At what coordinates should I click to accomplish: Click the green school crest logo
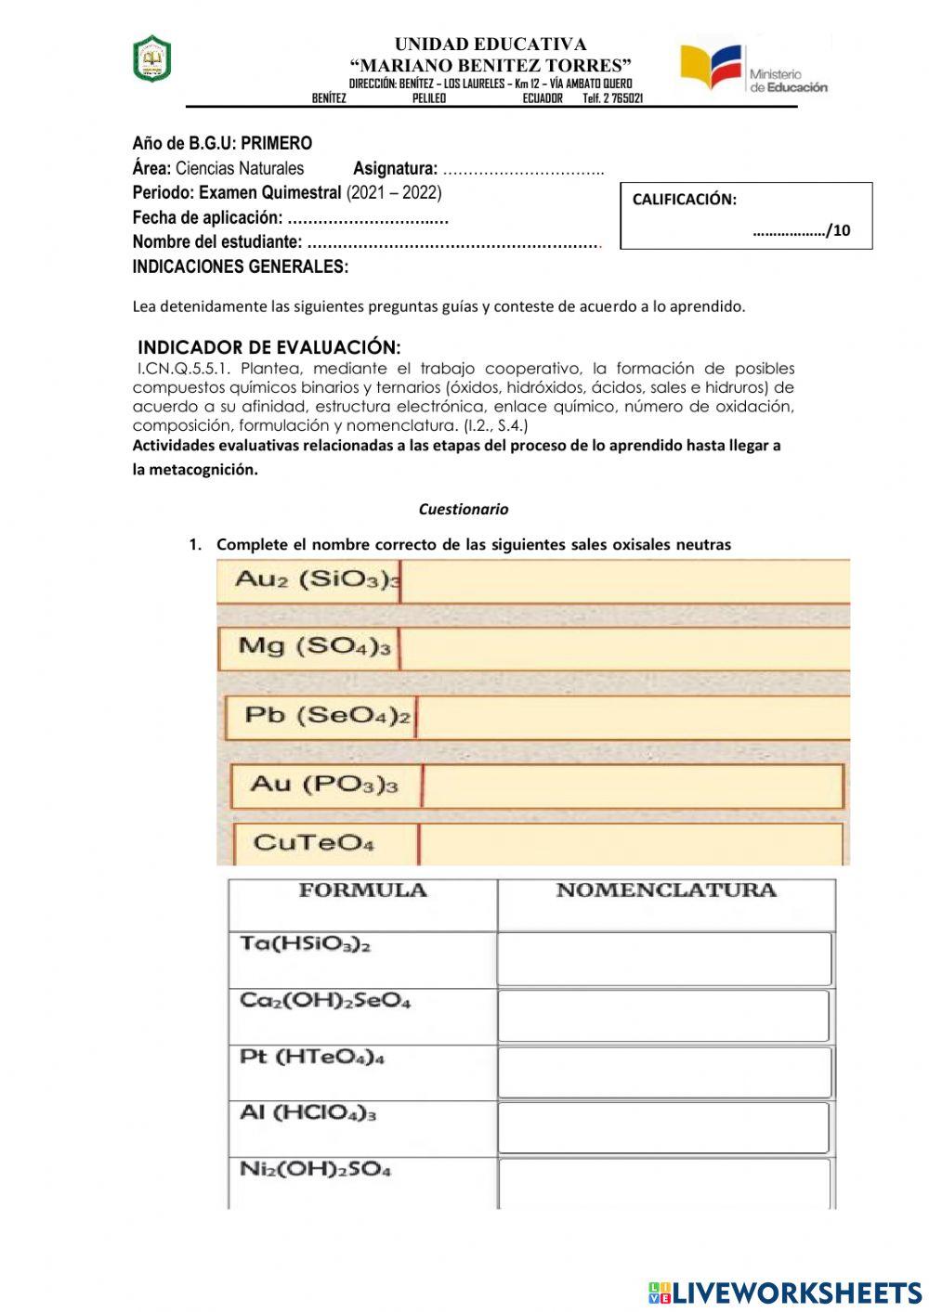(x=151, y=59)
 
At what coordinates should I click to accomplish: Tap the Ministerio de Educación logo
(x=753, y=69)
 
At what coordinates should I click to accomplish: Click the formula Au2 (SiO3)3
(x=316, y=580)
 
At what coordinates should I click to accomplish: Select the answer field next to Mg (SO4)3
(x=624, y=647)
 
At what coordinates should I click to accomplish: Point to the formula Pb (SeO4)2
(x=326, y=716)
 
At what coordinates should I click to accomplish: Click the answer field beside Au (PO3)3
(x=633, y=786)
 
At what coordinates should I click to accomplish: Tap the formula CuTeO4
(x=313, y=843)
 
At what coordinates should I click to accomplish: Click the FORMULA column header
(x=362, y=890)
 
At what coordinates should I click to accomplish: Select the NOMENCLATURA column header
(x=665, y=890)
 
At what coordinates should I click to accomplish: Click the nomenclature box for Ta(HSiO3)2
(x=664, y=958)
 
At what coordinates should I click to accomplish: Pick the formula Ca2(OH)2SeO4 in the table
(x=324, y=1001)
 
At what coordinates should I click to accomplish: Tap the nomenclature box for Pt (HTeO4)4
(x=664, y=1072)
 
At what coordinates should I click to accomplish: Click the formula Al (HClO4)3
(x=307, y=1112)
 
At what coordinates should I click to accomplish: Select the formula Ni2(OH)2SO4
(x=315, y=1169)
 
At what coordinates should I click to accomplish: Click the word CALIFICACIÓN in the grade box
(x=684, y=200)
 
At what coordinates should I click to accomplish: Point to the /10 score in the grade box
(x=838, y=231)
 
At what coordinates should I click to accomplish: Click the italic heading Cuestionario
(x=463, y=509)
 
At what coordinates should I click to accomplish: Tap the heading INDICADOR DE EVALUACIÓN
(x=269, y=347)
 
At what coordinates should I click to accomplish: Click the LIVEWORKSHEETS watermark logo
(x=784, y=1292)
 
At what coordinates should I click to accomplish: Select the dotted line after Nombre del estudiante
(x=453, y=243)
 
